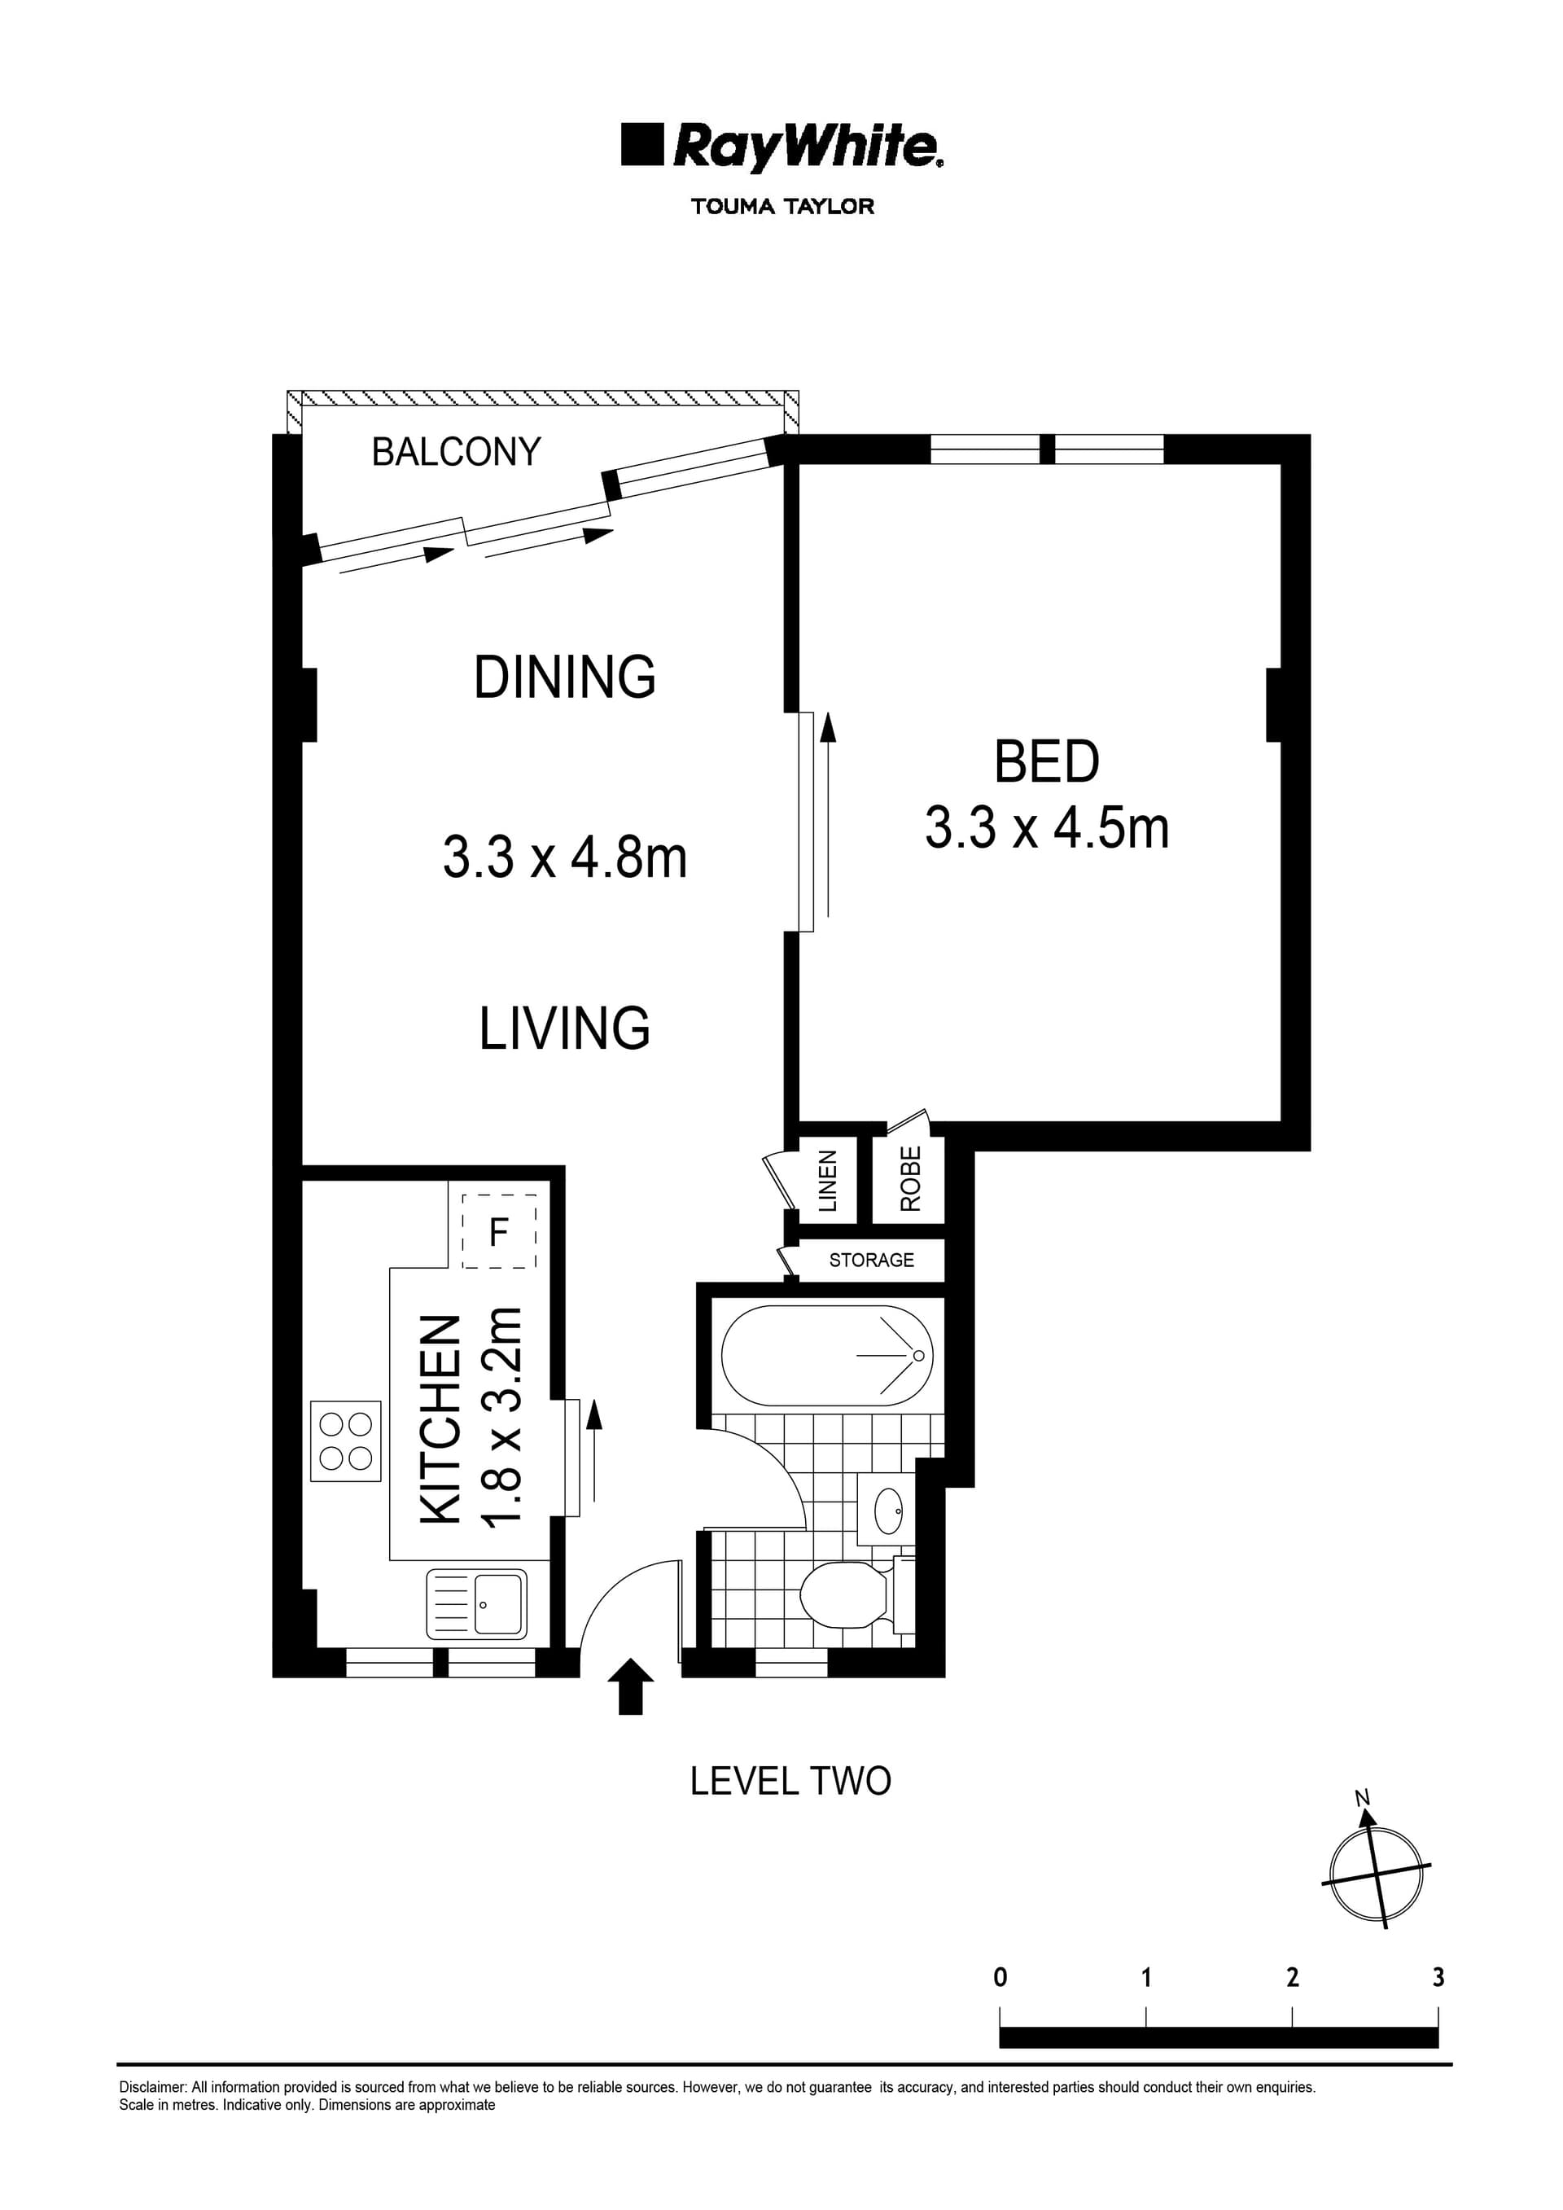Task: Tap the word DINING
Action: click(565, 677)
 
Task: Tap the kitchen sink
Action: click(477, 1604)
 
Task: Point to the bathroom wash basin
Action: click(887, 1511)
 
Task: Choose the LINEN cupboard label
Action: click(828, 1180)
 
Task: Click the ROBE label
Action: click(910, 1178)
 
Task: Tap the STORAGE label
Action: click(872, 1260)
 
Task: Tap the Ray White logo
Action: click(782, 147)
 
